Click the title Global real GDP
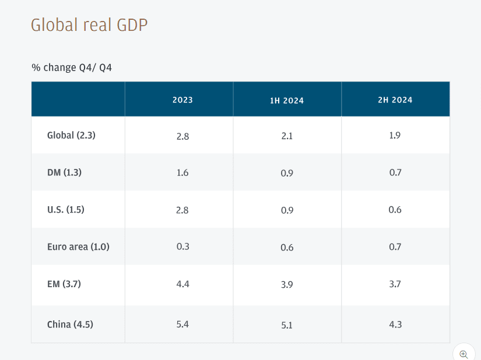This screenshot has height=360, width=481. (x=89, y=25)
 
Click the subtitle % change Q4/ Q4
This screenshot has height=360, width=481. (x=72, y=68)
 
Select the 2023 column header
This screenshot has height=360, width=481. (x=182, y=100)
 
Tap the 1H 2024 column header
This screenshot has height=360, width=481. (x=287, y=101)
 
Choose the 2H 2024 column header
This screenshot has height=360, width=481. (x=395, y=100)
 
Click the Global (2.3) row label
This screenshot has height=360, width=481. (x=71, y=135)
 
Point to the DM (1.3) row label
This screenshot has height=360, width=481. (x=64, y=172)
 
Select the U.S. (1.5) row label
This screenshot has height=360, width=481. (x=65, y=210)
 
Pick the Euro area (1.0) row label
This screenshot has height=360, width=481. (x=78, y=246)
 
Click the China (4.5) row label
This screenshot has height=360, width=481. (x=70, y=324)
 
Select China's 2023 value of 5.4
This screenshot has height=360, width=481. (x=182, y=324)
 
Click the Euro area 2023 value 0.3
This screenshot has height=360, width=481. (x=182, y=246)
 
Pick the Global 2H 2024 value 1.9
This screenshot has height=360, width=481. (x=395, y=135)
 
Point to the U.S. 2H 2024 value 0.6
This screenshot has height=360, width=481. (x=395, y=210)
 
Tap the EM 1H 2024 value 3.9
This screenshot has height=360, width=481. (x=287, y=284)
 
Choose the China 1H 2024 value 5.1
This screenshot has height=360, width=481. (x=287, y=325)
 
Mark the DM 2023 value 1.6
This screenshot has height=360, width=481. (x=182, y=172)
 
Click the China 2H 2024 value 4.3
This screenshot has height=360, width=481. (x=395, y=324)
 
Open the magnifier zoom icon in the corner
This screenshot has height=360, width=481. (x=464, y=354)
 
